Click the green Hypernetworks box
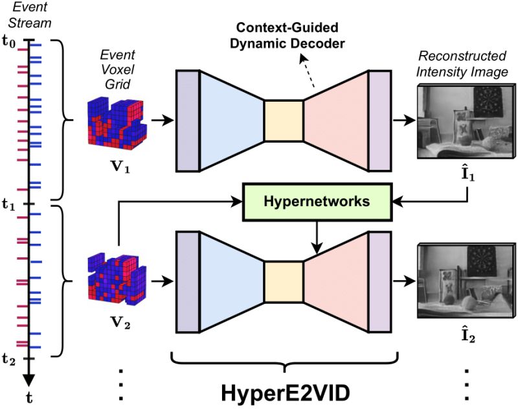tap(317, 201)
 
